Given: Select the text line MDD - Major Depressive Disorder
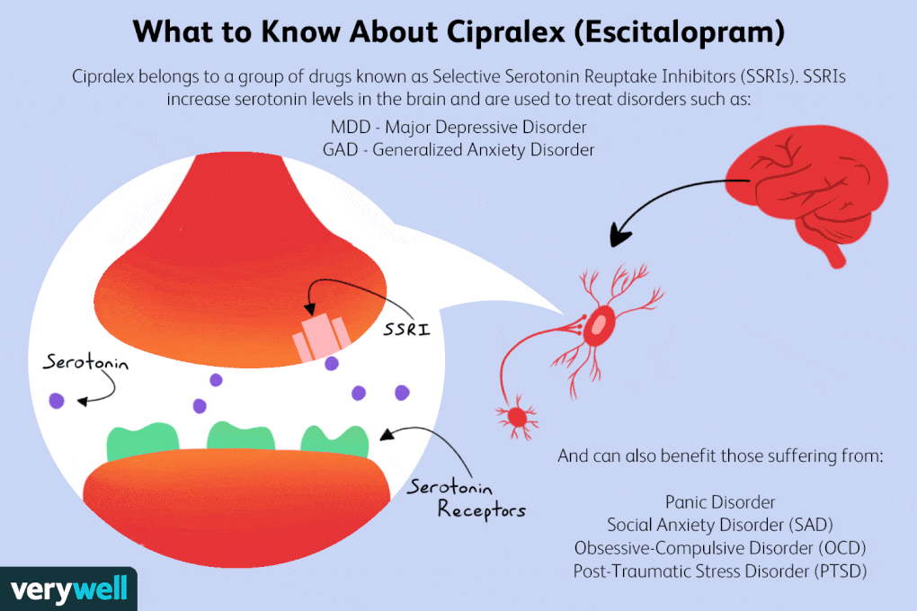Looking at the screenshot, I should tap(458, 127).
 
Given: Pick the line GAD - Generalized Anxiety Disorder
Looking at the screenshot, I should tap(458, 150).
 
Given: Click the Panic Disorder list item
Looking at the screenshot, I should tap(720, 501).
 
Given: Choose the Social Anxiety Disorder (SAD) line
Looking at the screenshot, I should tap(720, 524).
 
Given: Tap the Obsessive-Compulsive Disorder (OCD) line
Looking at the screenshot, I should tap(720, 547).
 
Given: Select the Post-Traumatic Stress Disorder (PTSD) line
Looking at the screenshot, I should tap(720, 571).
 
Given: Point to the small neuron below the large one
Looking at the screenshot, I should tap(517, 416).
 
